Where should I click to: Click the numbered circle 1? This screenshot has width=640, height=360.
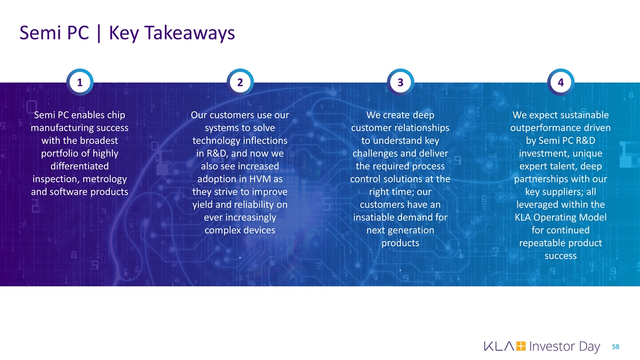[x=79, y=83]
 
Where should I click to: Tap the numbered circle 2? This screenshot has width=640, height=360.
[x=239, y=83]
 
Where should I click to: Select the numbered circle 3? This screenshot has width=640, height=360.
[x=400, y=83]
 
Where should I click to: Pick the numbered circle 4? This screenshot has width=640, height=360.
[x=560, y=83]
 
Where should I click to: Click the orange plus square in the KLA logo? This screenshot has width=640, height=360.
[x=522, y=347]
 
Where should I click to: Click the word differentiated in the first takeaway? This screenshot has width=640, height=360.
[x=79, y=166]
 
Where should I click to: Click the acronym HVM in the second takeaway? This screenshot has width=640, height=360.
[x=257, y=179]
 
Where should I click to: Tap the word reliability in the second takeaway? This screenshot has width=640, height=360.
[x=251, y=205]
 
